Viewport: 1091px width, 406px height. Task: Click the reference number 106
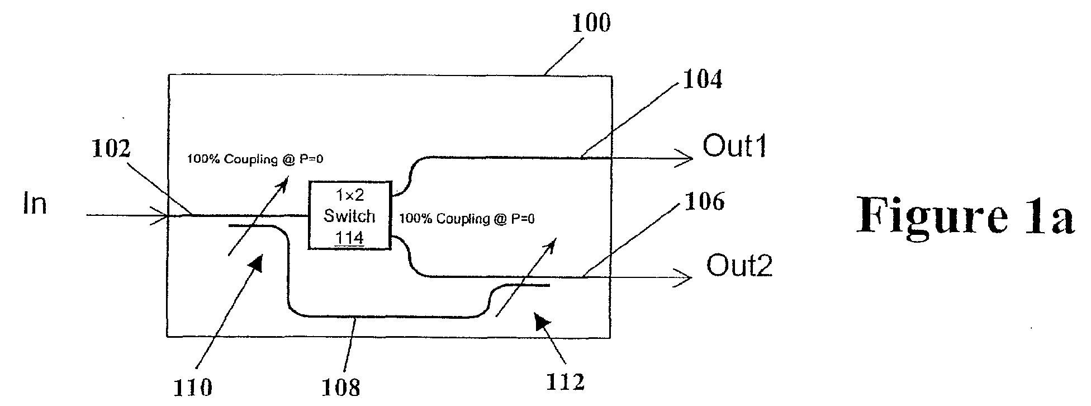pyautogui.click(x=704, y=201)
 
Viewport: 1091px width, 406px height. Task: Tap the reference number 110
pyautogui.click(x=192, y=387)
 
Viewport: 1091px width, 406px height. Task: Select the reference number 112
pyautogui.click(x=565, y=382)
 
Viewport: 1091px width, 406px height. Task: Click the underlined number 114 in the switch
pyautogui.click(x=349, y=238)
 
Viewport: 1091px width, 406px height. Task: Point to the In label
pyautogui.click(x=34, y=204)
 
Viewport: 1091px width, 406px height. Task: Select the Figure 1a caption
pyautogui.click(x=965, y=215)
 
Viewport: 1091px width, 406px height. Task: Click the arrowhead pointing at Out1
pyautogui.click(x=685, y=159)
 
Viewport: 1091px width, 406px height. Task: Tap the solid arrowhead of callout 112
pyautogui.click(x=542, y=321)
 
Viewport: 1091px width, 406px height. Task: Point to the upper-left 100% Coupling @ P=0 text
pyautogui.click(x=255, y=159)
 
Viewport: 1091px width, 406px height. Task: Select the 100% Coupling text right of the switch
pyautogui.click(x=466, y=219)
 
